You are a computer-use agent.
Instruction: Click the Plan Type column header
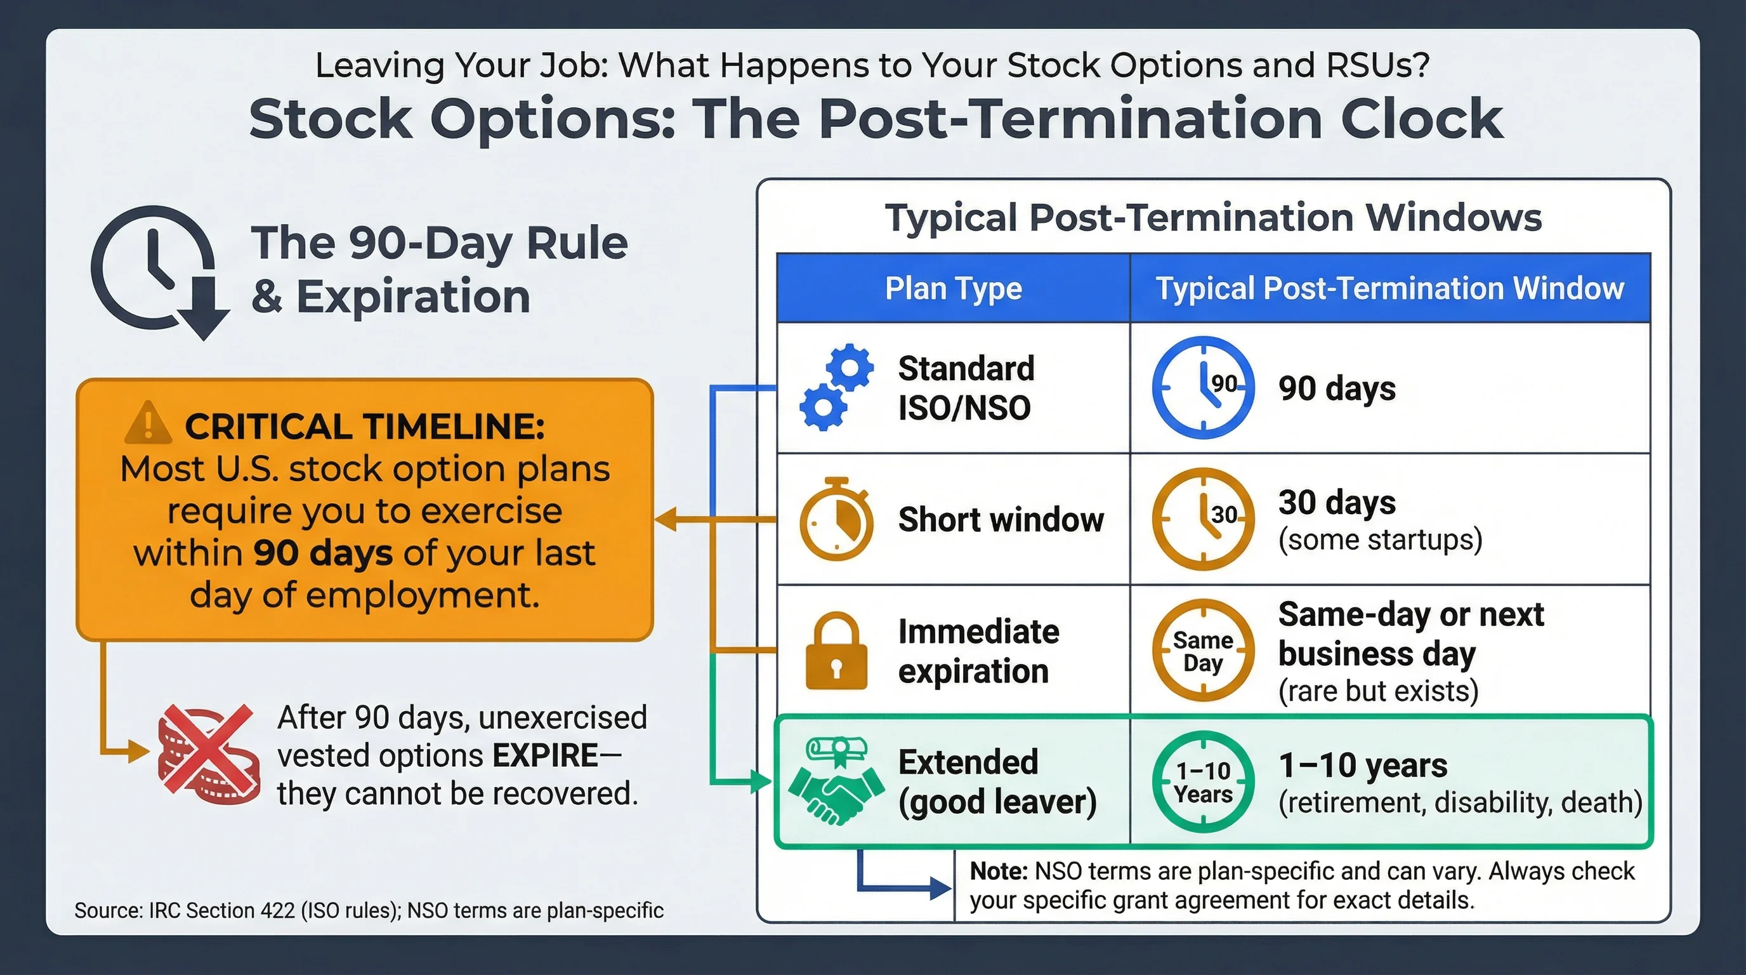point(953,288)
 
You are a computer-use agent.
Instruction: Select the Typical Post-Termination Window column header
point(1389,288)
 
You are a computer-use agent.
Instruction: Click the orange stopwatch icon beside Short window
point(836,519)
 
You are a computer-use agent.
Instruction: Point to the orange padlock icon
point(836,651)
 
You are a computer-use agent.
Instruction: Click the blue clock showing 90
point(1203,387)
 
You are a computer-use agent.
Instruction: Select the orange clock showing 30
point(1203,519)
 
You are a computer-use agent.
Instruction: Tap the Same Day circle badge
point(1203,650)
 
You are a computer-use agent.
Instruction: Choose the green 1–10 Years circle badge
point(1203,782)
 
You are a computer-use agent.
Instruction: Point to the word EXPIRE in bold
point(545,755)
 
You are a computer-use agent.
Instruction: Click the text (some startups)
point(1380,540)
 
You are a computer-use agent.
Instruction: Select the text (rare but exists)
point(1378,691)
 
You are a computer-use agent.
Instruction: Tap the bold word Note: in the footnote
point(999,872)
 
